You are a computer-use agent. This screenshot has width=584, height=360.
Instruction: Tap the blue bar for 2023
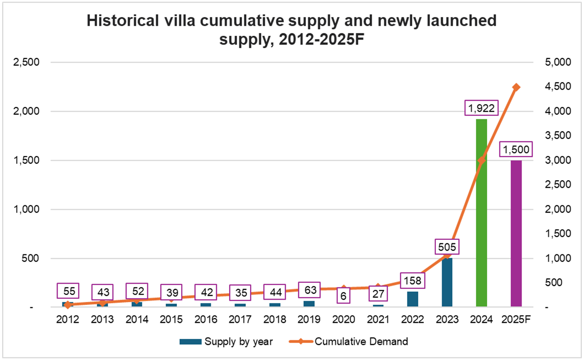pyautogui.click(x=447, y=282)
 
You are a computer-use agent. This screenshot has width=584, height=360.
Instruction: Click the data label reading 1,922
pyautogui.click(x=482, y=108)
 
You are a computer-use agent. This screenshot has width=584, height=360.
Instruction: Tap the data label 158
pyautogui.click(x=413, y=281)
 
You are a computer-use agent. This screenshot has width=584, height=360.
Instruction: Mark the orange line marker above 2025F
pyautogui.click(x=516, y=87)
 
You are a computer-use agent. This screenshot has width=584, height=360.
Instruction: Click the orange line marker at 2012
pyautogui.click(x=68, y=305)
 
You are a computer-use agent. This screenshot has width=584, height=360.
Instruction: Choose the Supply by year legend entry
pyautogui.click(x=226, y=342)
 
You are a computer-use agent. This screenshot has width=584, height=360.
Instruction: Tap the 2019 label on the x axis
pyautogui.click(x=309, y=319)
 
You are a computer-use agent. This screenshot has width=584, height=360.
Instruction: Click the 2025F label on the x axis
pyautogui.click(x=516, y=319)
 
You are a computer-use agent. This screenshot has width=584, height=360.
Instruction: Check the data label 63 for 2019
pyautogui.click(x=309, y=290)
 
